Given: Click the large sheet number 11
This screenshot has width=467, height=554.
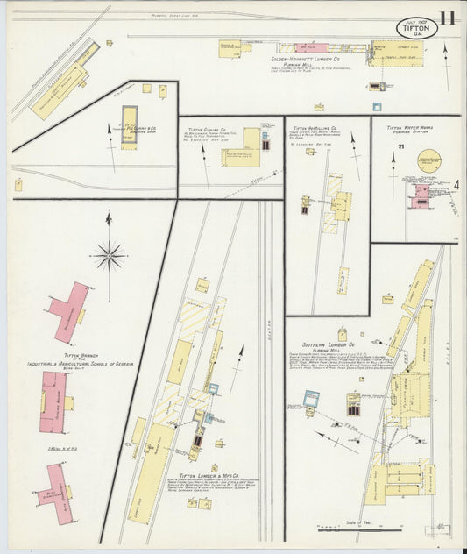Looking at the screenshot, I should pos(447,18).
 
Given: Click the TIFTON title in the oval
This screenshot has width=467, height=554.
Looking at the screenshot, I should pos(416,28).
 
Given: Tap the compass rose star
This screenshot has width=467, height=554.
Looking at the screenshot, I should pos(109,257).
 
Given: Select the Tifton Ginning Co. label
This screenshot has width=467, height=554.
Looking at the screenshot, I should pos(207,129).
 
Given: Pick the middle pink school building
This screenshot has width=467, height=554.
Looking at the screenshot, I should pos(53,401).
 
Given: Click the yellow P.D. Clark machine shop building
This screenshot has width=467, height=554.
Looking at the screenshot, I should pos(130,128).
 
